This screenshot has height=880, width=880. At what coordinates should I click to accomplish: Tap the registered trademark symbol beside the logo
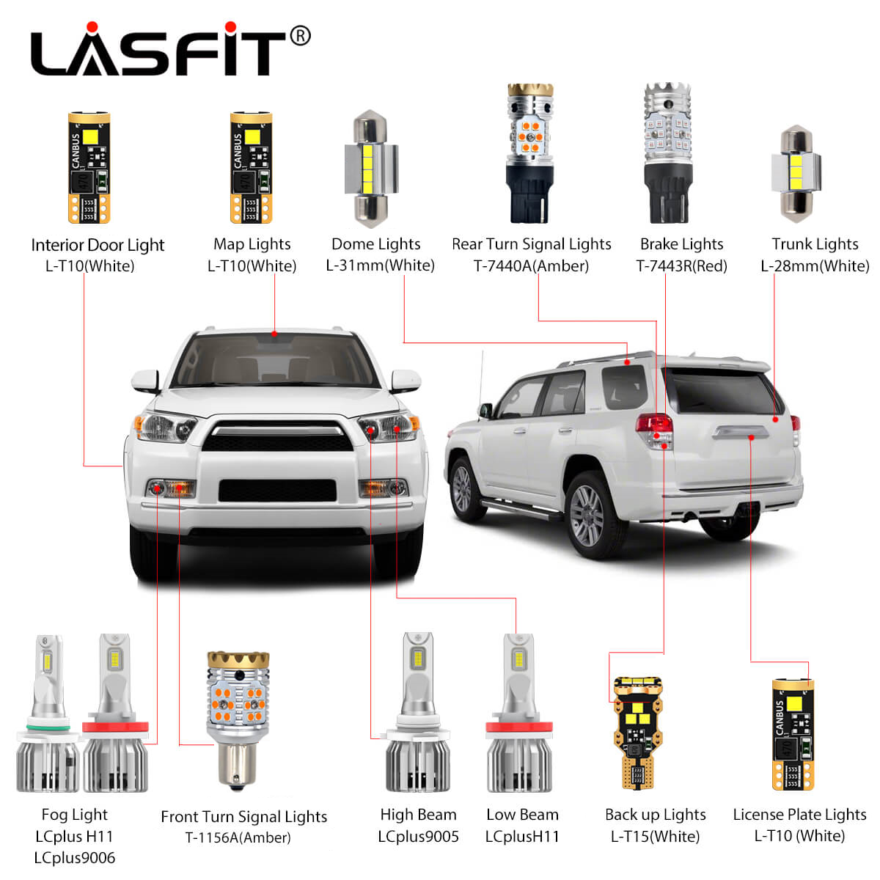[300, 36]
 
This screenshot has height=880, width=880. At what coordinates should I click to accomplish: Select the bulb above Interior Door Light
[89, 168]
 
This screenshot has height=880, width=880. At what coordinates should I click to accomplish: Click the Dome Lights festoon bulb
[371, 169]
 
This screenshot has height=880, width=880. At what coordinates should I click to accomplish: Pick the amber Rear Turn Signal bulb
[530, 153]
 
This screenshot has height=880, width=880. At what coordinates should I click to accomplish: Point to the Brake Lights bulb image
[667, 153]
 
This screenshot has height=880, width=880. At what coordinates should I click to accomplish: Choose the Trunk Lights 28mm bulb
[796, 174]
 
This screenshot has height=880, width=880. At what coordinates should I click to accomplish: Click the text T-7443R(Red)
[681, 265]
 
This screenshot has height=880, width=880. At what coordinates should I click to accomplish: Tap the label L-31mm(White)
[380, 265]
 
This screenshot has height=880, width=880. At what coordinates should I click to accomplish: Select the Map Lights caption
[252, 244]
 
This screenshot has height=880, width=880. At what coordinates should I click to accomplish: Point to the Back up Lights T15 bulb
[638, 733]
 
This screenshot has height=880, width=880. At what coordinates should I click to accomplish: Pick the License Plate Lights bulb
[793, 735]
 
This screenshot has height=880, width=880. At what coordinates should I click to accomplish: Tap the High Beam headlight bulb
[418, 712]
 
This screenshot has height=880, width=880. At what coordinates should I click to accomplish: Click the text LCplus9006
[75, 857]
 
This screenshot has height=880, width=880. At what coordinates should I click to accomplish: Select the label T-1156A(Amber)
[238, 837]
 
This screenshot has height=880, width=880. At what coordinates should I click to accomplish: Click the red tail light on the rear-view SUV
[655, 423]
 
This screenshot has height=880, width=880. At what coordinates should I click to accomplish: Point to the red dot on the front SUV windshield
[274, 334]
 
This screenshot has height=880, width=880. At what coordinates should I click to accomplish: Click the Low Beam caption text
[522, 815]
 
